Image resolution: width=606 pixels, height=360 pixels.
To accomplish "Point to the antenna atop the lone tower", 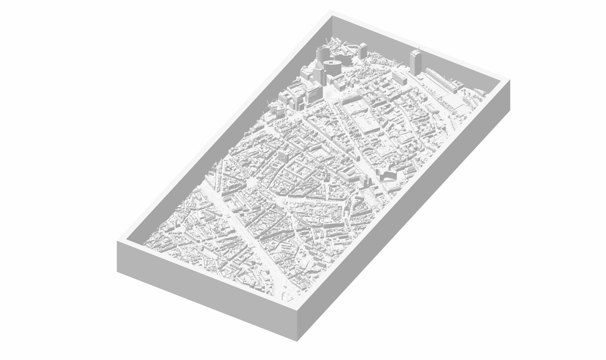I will tap(419, 47).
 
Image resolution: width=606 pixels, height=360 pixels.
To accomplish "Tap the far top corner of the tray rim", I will tap(331, 11).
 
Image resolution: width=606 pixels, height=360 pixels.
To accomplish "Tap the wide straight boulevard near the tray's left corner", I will tap(233, 217).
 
